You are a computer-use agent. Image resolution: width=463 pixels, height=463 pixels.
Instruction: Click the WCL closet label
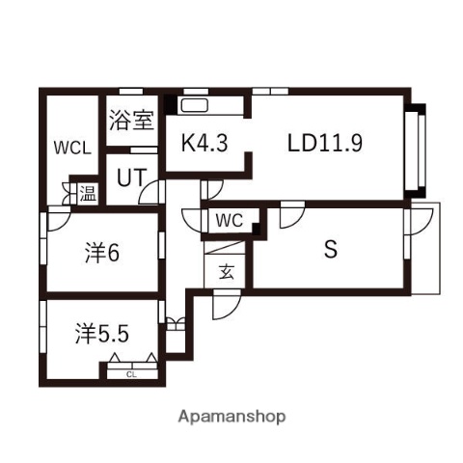71,148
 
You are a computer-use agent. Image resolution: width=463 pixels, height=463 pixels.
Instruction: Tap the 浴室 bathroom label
131,121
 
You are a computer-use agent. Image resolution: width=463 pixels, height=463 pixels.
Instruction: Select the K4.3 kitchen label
204,144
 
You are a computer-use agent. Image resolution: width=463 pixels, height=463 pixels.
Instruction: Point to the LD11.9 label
324,143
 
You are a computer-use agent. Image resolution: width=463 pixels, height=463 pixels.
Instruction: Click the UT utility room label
131,177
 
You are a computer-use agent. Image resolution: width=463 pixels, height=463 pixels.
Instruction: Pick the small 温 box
87,193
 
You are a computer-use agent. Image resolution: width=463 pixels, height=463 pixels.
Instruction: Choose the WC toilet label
229,220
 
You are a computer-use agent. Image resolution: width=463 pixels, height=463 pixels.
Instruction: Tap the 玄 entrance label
226,271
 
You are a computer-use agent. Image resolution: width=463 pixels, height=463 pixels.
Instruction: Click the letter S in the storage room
330,250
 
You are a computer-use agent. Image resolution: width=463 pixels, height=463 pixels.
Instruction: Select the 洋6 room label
100,254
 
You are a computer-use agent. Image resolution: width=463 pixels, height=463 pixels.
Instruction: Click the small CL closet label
130,373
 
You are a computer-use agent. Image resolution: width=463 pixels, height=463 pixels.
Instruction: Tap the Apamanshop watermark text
231,418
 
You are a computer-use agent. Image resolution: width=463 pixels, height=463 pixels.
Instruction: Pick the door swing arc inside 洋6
56,220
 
